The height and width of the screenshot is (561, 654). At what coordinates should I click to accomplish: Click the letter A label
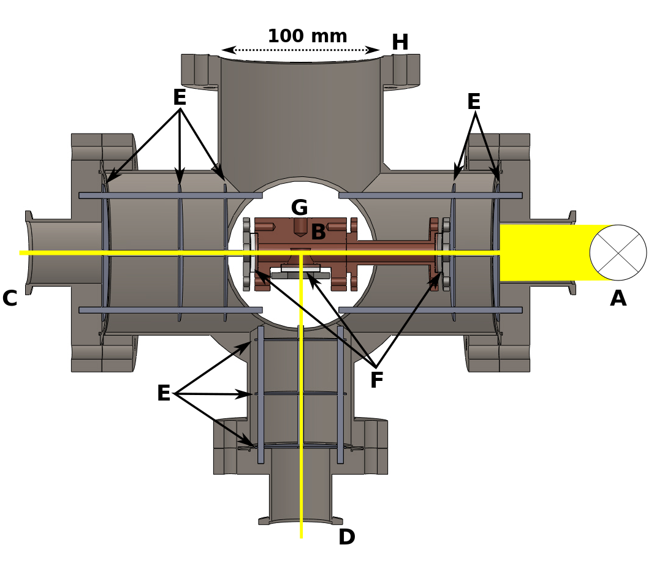(618, 299)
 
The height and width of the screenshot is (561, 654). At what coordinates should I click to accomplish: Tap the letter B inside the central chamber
(318, 233)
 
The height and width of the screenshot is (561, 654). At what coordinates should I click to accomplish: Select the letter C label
(10, 299)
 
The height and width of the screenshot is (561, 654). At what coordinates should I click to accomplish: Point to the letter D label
(346, 538)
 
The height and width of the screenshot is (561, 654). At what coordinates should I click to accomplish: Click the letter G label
(299, 208)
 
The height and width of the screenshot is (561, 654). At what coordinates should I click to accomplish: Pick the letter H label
(400, 43)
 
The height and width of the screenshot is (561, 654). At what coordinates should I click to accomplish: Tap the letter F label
(376, 381)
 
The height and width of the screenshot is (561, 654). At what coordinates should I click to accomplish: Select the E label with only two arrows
(474, 102)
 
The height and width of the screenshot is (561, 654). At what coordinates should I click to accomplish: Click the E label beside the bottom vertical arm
(164, 394)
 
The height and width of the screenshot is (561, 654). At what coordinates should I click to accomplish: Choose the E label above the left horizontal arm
(179, 98)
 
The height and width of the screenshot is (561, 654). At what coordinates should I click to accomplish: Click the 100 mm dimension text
(307, 36)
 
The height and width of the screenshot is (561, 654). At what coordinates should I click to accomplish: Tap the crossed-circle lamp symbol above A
(618, 252)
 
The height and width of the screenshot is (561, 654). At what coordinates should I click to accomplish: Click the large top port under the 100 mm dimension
(300, 116)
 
